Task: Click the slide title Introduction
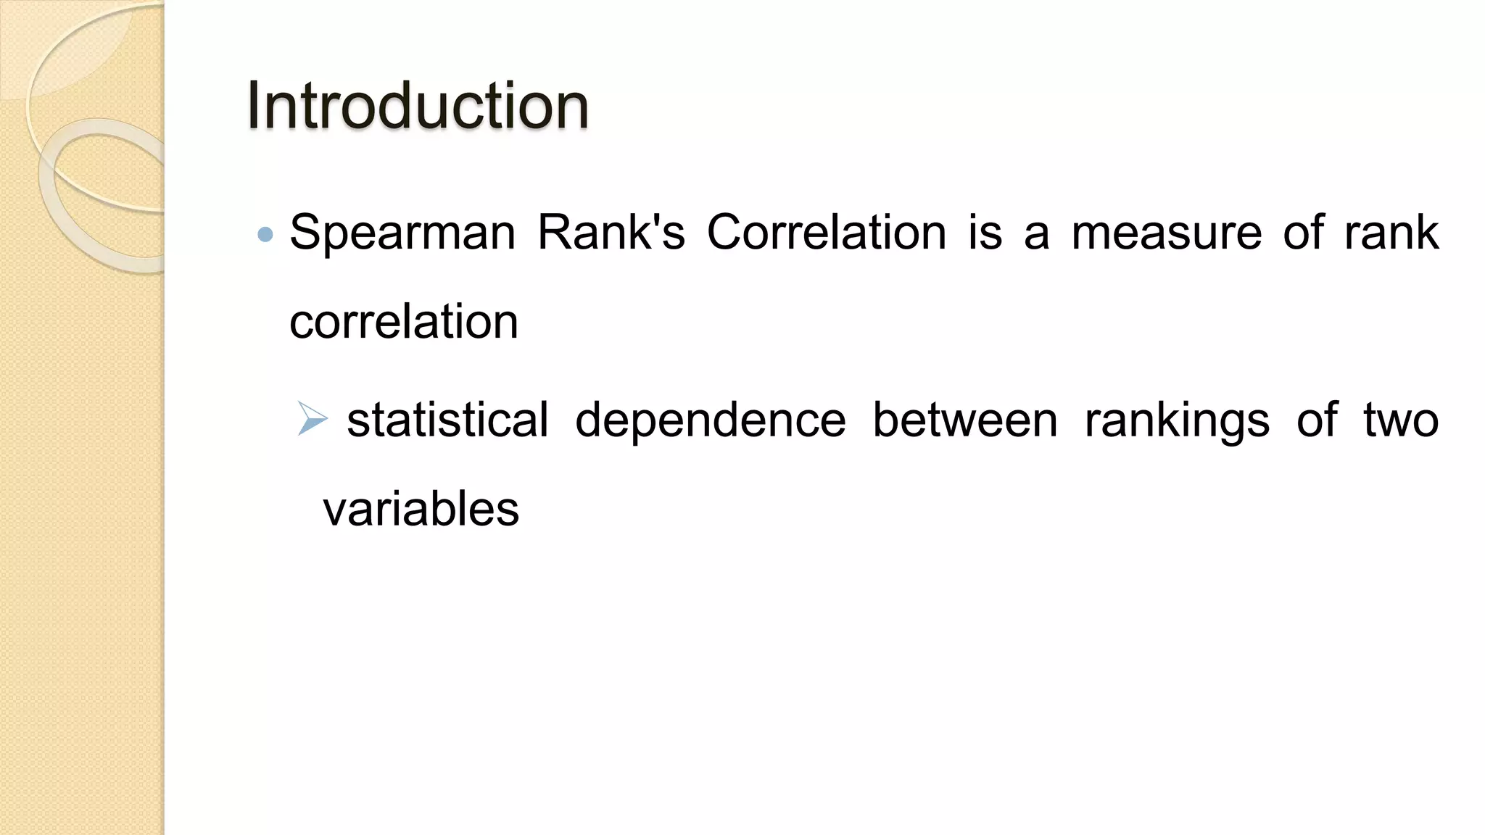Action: coord(417,106)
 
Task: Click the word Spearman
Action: coord(402,233)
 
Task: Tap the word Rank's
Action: coord(611,233)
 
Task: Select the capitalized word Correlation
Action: coord(827,233)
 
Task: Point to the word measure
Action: coord(1166,233)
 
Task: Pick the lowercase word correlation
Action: coord(404,322)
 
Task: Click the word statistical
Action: coord(447,420)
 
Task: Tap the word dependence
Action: coord(710,420)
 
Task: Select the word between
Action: coord(964,420)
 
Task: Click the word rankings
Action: coord(1177,421)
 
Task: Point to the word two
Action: coord(1400,420)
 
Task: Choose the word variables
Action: coord(421,509)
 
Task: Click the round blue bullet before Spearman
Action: coord(265,234)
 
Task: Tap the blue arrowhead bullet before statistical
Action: coord(313,419)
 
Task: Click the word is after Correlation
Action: coord(985,233)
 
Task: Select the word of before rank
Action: coord(1302,233)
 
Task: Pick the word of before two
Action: coord(1316,420)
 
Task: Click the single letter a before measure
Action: coord(1036,234)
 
